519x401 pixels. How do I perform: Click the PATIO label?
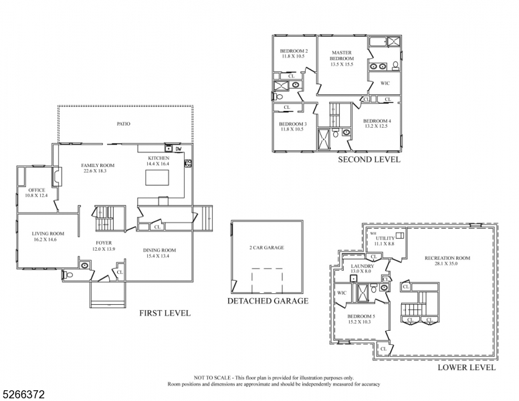click(123, 124)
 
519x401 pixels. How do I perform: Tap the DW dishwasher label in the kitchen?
click(179, 148)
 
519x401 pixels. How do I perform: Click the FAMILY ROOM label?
click(98, 165)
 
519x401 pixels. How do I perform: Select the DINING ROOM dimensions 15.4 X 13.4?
click(159, 256)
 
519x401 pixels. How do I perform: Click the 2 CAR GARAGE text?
click(266, 248)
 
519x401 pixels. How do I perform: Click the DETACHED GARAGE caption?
click(268, 301)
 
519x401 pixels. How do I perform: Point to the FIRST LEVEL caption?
click(164, 313)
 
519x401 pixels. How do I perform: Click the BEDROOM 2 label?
click(293, 51)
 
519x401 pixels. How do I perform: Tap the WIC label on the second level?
click(385, 84)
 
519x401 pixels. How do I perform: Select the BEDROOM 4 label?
click(377, 120)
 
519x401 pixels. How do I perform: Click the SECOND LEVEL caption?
click(369, 160)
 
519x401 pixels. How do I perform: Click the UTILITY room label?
click(385, 238)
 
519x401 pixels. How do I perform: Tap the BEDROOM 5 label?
click(359, 316)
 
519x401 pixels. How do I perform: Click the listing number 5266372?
click(23, 395)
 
